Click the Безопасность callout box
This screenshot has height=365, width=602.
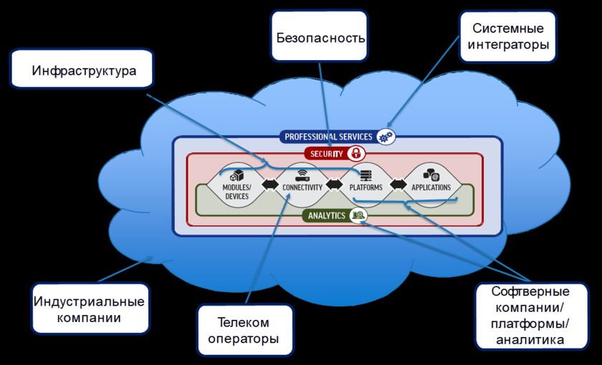point(321,36)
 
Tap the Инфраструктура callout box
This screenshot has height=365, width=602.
point(84,71)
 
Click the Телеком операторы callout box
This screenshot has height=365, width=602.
point(244,330)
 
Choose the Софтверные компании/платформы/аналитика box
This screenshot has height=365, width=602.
point(530,316)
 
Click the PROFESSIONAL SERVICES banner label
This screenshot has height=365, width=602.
point(328,137)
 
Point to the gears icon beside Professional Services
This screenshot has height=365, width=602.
point(386,137)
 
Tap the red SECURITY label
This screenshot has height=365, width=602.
point(325,154)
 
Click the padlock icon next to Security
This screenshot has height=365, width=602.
point(355,153)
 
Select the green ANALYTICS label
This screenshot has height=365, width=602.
point(326,215)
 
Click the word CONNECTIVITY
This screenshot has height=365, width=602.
point(302,188)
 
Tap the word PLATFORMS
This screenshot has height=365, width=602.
point(365,188)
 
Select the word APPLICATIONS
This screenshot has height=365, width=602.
point(431,188)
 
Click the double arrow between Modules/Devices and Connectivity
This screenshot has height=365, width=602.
point(270,185)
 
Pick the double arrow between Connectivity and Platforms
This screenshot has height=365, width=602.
point(334,185)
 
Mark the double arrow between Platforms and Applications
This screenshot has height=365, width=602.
point(398,185)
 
